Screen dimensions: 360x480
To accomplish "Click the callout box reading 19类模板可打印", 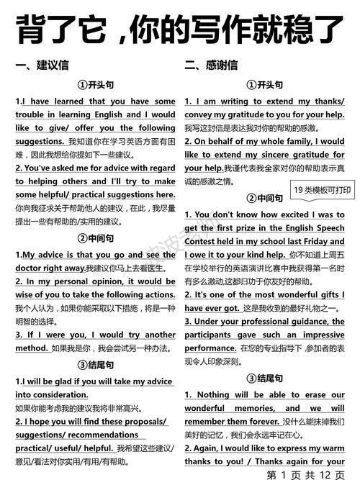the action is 323,190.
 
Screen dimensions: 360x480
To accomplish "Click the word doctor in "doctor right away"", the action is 31,268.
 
